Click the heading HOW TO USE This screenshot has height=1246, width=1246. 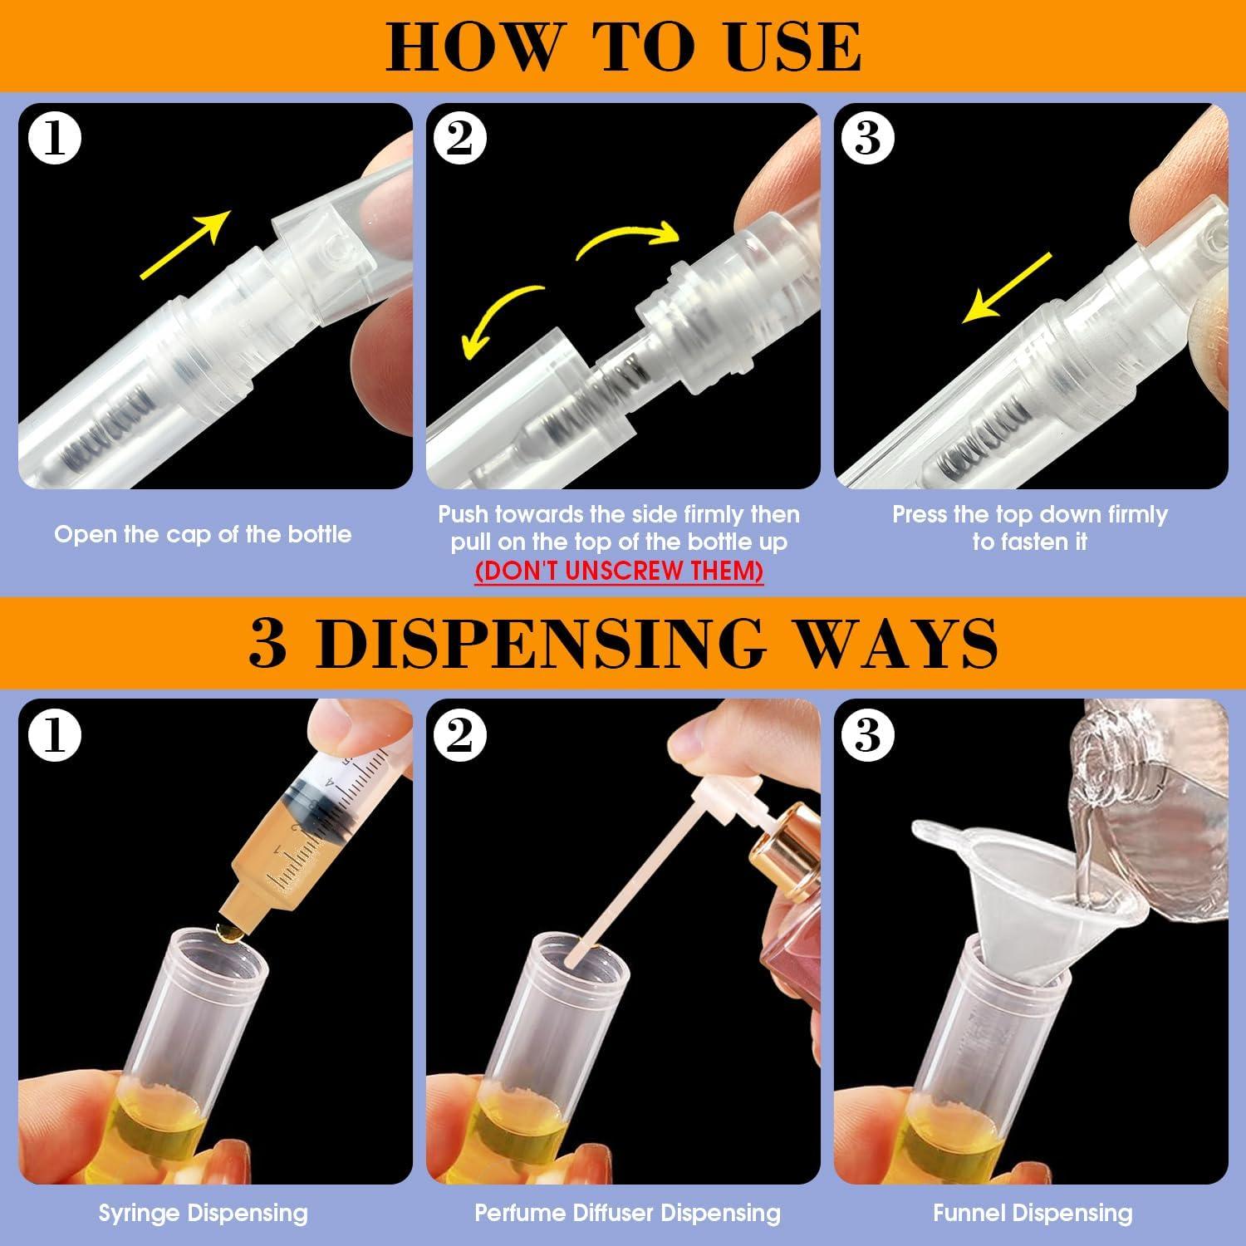click(x=623, y=47)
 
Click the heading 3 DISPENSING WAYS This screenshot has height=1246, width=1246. click(x=623, y=641)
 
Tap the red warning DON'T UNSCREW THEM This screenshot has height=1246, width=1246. click(x=619, y=571)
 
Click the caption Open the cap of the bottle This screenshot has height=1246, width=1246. click(x=203, y=534)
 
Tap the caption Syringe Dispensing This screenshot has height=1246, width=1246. click(x=203, y=1213)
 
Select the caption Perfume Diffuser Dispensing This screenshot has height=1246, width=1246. click(x=627, y=1213)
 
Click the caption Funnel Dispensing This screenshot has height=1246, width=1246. click(x=1033, y=1213)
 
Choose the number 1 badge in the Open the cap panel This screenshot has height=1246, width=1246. click(x=55, y=139)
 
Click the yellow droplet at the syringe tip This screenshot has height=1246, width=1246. click(x=225, y=930)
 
